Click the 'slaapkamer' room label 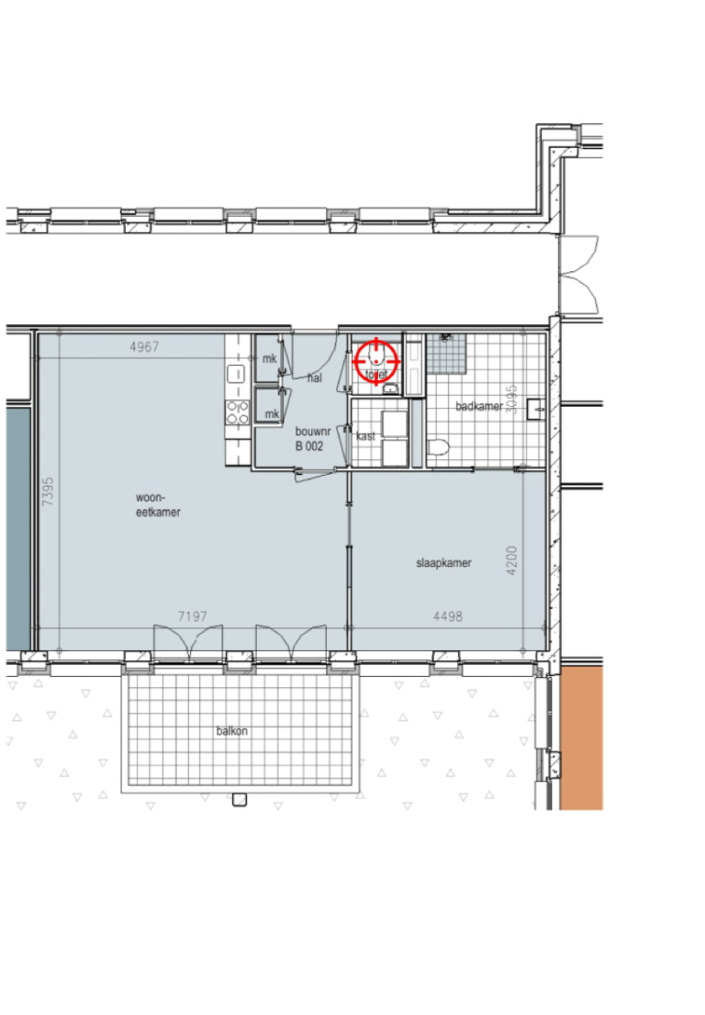(x=443, y=563)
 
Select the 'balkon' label (x=232, y=732)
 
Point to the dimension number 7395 (x=48, y=502)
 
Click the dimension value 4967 (x=144, y=346)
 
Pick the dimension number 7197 (x=192, y=616)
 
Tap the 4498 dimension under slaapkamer (x=447, y=616)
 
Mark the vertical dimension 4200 (x=512, y=561)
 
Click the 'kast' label (x=365, y=436)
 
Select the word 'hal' (x=315, y=378)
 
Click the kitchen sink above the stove (x=235, y=374)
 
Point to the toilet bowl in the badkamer (x=437, y=448)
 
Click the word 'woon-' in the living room (x=149, y=498)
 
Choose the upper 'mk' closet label (x=270, y=358)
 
